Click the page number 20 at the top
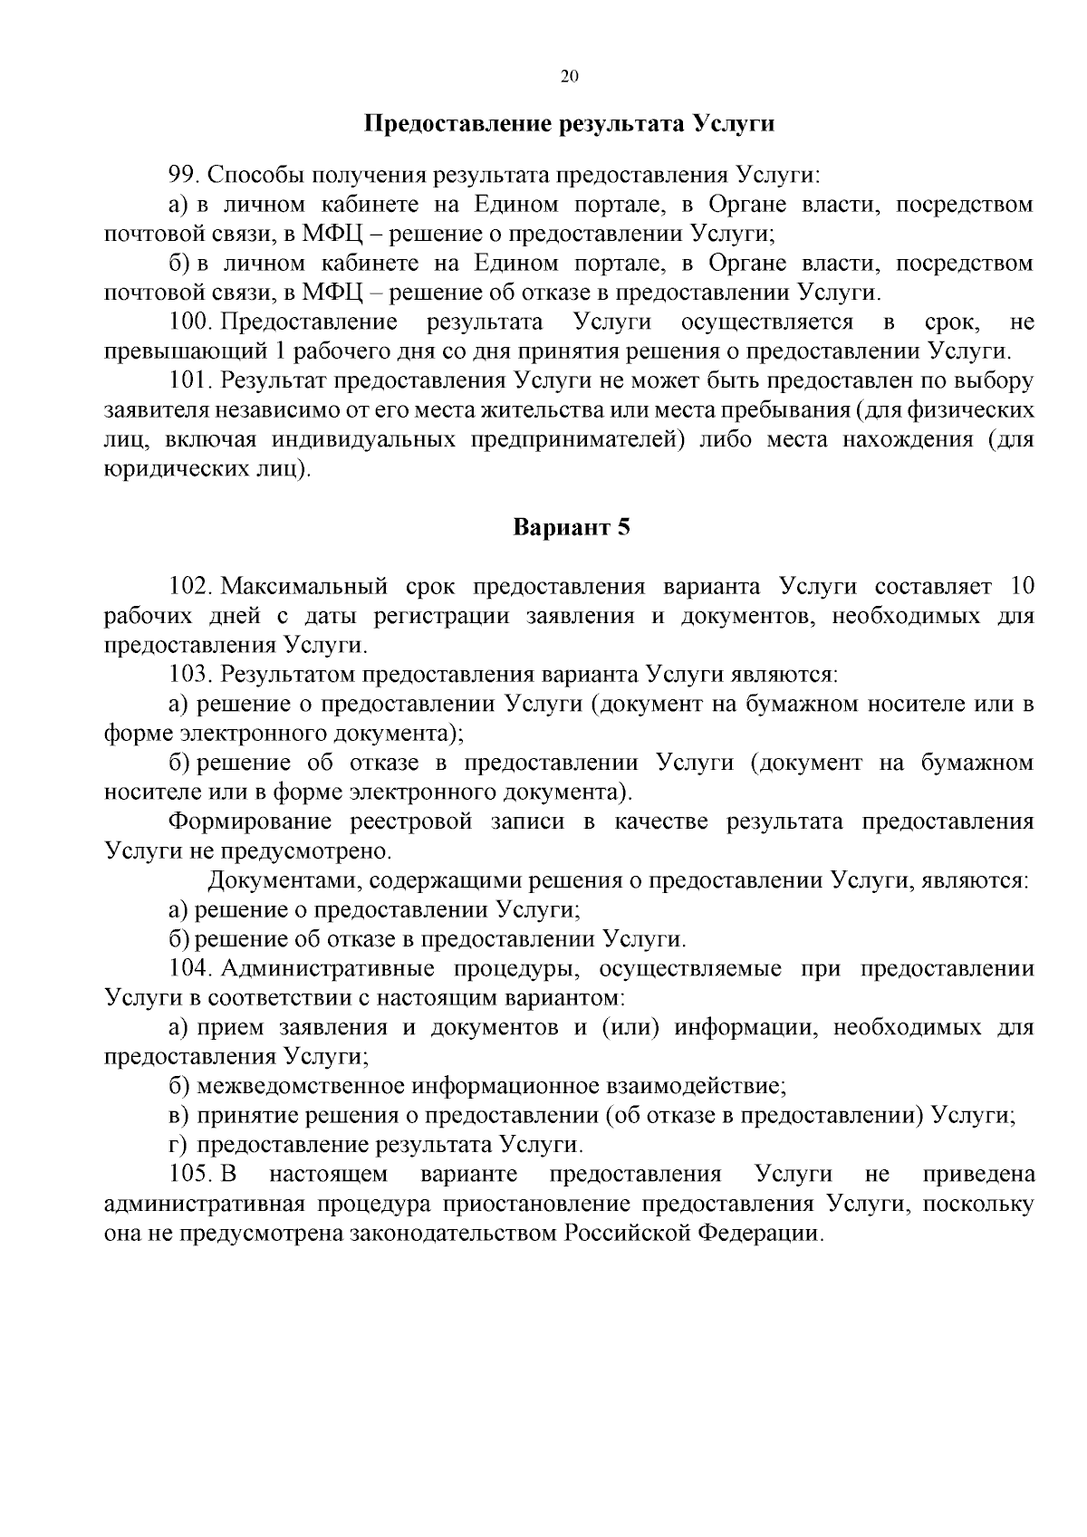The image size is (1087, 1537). coord(569,77)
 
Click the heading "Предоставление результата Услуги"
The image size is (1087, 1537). coord(569,123)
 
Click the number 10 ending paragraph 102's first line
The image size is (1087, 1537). coord(1021,586)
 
